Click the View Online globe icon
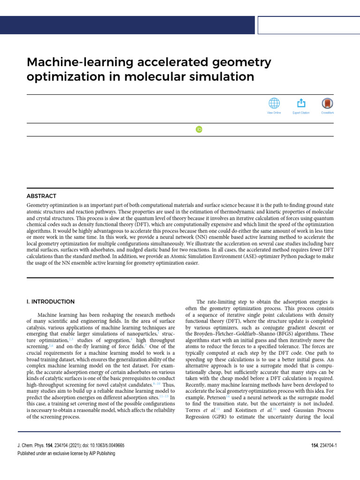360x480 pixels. coord(274,104)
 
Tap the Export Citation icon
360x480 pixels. coord(301,104)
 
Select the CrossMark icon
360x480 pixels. coord(327,104)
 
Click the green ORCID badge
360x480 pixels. coord(199,129)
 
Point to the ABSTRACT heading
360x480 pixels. coord(41,196)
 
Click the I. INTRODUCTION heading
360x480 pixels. coord(50,301)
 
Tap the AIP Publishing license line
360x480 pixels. coord(66,453)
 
